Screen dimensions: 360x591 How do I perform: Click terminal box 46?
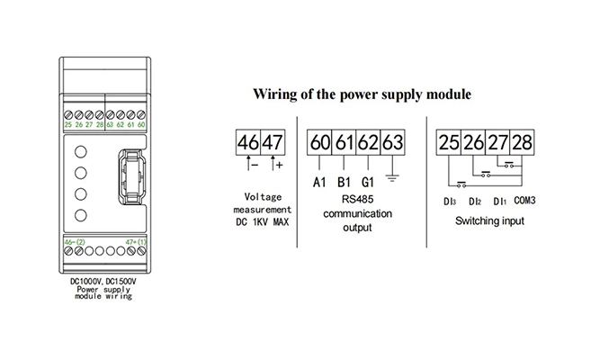(x=247, y=142)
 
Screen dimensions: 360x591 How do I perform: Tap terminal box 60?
(x=320, y=142)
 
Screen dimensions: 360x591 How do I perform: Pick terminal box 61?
(x=344, y=142)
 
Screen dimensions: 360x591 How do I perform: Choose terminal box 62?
(x=367, y=142)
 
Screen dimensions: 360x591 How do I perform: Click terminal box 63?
(x=390, y=142)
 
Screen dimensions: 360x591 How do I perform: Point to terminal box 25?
(x=449, y=142)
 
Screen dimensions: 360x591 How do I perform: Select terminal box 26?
(x=473, y=142)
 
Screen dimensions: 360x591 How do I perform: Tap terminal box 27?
(x=497, y=142)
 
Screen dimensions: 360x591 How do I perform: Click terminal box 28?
(x=522, y=142)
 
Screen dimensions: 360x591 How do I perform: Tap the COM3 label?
(x=524, y=199)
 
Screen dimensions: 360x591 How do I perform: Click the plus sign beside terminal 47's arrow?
(x=279, y=166)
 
